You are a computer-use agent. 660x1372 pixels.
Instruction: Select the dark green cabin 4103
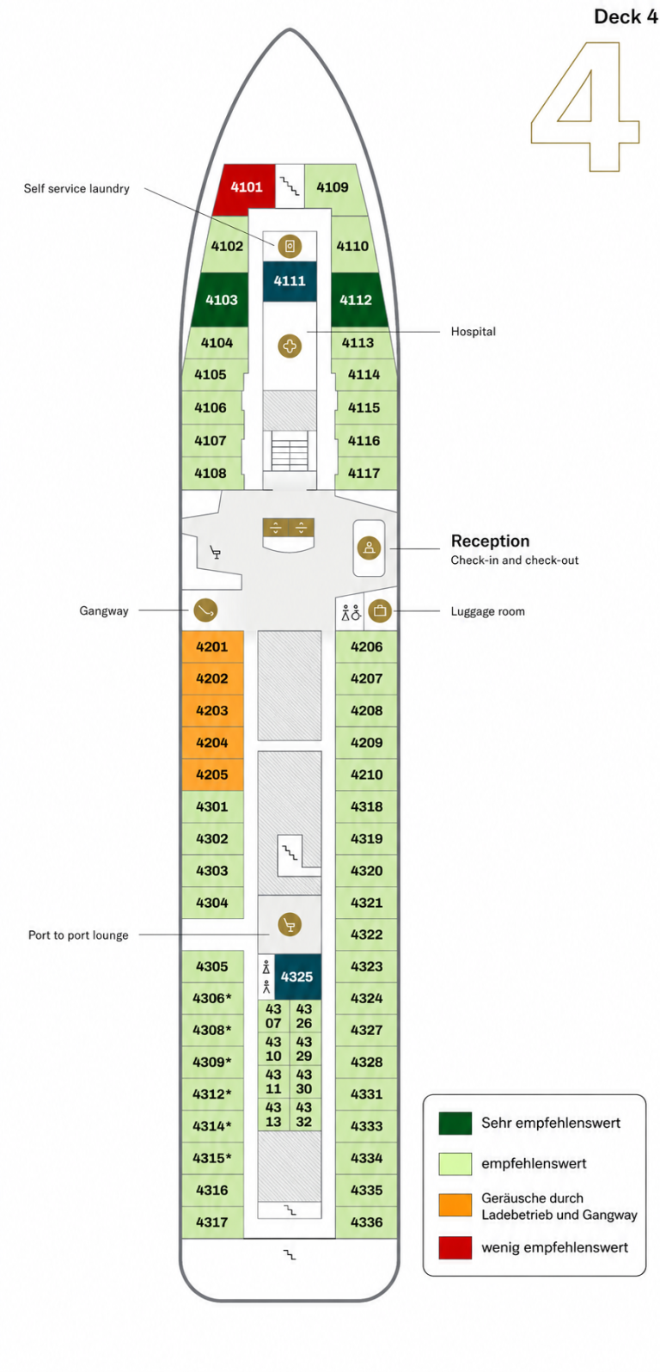[x=220, y=299]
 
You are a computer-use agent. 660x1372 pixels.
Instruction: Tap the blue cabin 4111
[x=290, y=281]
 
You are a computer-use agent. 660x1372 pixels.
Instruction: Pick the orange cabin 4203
[x=212, y=710]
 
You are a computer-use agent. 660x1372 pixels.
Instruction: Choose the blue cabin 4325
[x=297, y=977]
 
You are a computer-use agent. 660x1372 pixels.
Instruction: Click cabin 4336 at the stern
[x=366, y=1222]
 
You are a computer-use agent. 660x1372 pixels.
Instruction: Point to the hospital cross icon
[x=290, y=346]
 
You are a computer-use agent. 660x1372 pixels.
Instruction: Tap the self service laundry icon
[x=290, y=246]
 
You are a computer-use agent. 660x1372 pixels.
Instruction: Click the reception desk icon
[x=370, y=548]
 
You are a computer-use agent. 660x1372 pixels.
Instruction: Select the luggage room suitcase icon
[x=380, y=610]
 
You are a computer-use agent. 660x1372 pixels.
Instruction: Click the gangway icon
[x=205, y=610]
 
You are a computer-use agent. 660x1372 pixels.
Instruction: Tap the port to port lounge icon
[x=290, y=924]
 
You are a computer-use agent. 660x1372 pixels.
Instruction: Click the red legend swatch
[x=455, y=1247]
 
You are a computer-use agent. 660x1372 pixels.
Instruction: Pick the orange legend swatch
[x=455, y=1204]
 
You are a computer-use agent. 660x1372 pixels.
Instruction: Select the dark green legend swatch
[x=455, y=1124]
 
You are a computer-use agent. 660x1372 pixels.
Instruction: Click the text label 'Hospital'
[x=474, y=331]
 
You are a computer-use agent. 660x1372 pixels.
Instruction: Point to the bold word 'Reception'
[x=491, y=541]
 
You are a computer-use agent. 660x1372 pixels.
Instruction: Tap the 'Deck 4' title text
[x=626, y=16]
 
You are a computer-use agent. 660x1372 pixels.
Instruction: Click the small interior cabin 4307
[x=273, y=1015]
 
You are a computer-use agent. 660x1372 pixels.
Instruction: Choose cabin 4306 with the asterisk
[x=212, y=998]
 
